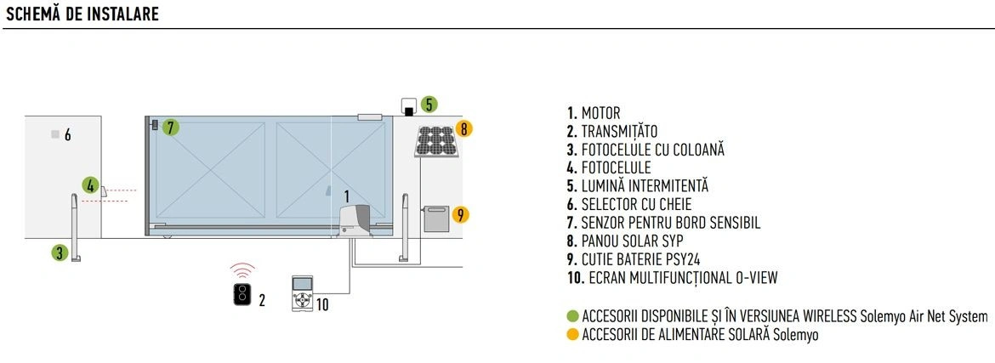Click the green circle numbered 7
click(170, 128)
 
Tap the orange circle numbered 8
click(463, 129)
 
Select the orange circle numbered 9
click(461, 214)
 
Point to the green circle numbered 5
click(429, 104)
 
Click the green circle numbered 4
click(91, 186)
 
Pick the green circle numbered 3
click(60, 252)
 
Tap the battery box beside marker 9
click(436, 219)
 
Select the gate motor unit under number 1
click(355, 222)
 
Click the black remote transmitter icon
click(242, 295)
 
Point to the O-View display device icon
click(302, 294)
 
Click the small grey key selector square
click(56, 134)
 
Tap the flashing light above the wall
click(409, 107)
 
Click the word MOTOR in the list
click(601, 114)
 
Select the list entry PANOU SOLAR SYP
click(625, 241)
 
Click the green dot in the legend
click(572, 317)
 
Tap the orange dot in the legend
click(572, 335)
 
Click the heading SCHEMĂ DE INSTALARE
click(82, 14)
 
